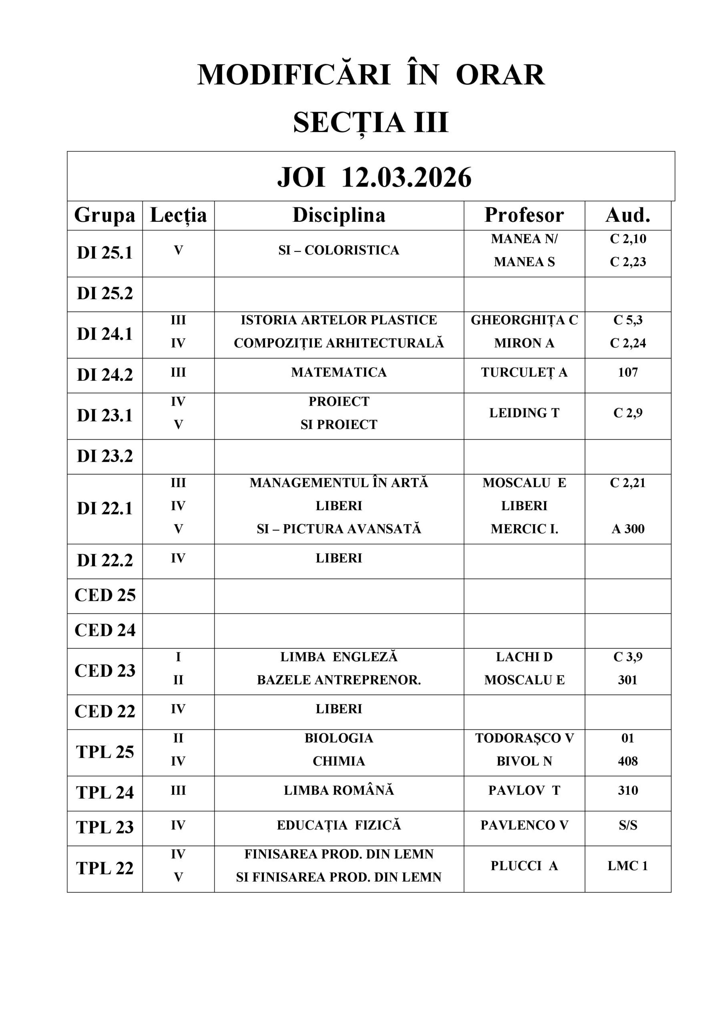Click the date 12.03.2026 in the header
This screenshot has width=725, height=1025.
pos(406,178)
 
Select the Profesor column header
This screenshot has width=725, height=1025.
pos(524,215)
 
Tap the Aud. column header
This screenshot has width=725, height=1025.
pos(628,215)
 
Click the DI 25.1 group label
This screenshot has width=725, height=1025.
pos(105,253)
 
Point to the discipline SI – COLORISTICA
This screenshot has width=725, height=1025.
pos(339,251)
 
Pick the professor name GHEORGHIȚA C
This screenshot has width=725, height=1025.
pos(524,320)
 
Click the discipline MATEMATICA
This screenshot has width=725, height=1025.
pos(339,372)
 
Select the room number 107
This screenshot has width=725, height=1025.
pos(628,372)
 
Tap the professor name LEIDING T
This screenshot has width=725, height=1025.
pos(524,413)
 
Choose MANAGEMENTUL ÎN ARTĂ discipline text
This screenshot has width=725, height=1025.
pos(339,482)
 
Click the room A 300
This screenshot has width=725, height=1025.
pos(628,529)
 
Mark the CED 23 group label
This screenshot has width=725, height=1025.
pos(105,671)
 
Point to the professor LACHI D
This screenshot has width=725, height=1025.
pos(524,657)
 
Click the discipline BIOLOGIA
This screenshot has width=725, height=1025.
pos(339,738)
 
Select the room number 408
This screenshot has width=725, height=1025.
pos(628,761)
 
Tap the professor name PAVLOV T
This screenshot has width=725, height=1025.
pos(524,791)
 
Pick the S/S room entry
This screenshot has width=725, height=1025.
pos(628,826)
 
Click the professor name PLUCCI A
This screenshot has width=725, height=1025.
pos(524,866)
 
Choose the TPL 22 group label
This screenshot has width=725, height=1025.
pos(105,868)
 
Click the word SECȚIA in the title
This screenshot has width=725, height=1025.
pos(348,123)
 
